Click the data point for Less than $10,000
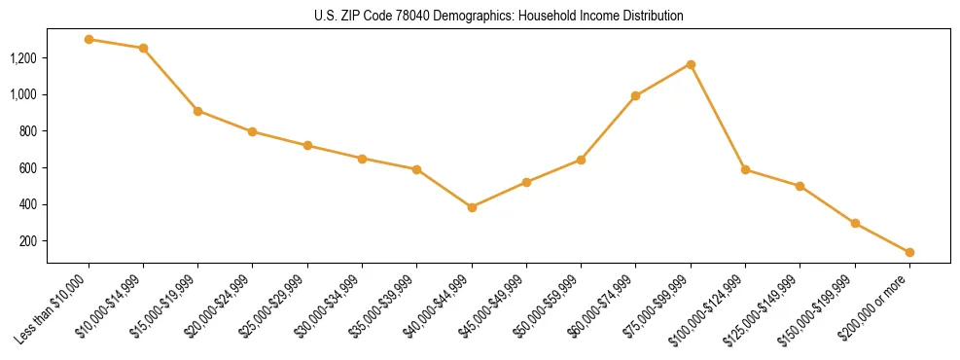pos(89,40)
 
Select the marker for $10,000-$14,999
pos(144,48)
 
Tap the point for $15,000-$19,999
pos(198,111)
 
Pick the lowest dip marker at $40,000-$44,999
pos(472,207)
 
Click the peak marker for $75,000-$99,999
pos(691,64)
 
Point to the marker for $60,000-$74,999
pos(636,95)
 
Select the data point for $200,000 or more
pos(909,252)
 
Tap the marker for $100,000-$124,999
pos(745,169)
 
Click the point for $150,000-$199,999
pos(855,223)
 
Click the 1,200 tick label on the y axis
pos(23,58)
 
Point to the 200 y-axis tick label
pos(29,241)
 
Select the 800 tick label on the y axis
pos(29,131)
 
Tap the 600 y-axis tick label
pos(29,168)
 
